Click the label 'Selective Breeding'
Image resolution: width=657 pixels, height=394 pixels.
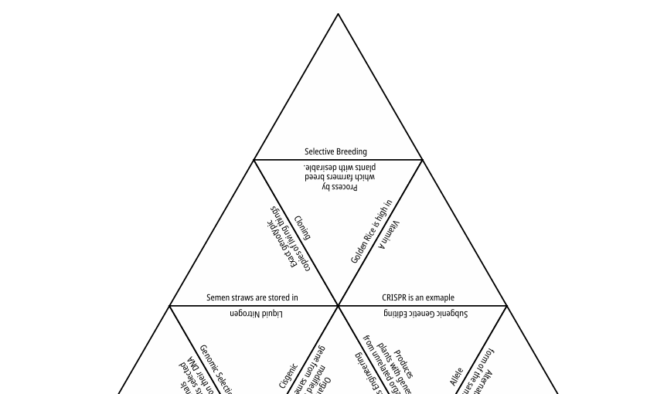pos(335,151)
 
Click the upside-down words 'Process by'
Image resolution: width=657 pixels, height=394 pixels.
pos(341,187)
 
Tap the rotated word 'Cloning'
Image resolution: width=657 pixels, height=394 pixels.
pos(302,228)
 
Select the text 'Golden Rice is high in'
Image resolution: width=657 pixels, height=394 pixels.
pos(371,232)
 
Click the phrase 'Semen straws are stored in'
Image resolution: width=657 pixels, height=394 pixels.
pos(252,297)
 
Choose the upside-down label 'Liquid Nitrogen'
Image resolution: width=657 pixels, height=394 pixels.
pos(256,314)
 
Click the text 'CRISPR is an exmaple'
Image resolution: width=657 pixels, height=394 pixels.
pos(418,297)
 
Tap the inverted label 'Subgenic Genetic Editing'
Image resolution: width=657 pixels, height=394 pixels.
pos(425,314)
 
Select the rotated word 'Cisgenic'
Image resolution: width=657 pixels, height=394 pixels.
pos(288,376)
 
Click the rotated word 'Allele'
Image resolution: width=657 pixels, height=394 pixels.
pos(456,377)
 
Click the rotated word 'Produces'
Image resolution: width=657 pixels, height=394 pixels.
pos(403,364)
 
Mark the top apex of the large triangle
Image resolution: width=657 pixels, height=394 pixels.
pos(338,14)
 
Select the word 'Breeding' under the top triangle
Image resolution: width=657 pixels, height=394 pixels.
pos(351,151)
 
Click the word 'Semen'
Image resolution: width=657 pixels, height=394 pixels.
pos(217,297)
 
